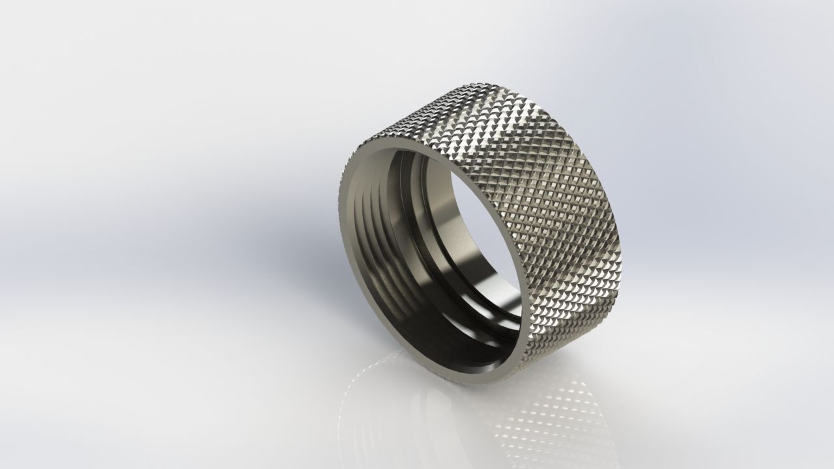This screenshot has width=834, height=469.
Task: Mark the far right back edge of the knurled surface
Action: pyautogui.click(x=619, y=261)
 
